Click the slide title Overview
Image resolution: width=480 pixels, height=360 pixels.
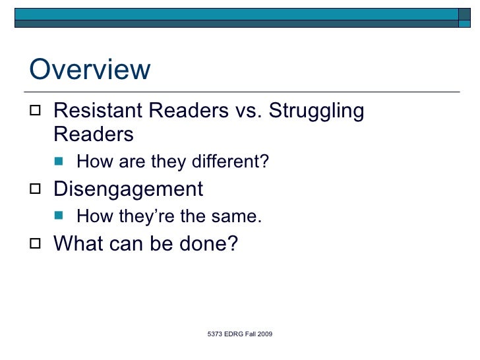(x=90, y=70)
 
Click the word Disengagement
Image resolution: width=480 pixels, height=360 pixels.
(x=128, y=189)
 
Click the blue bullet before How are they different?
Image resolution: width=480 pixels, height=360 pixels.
(x=61, y=162)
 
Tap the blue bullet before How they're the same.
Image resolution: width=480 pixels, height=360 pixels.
(x=61, y=217)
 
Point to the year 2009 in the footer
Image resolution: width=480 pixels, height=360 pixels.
(x=264, y=335)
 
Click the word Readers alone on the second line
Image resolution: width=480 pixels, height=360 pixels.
(x=93, y=135)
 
